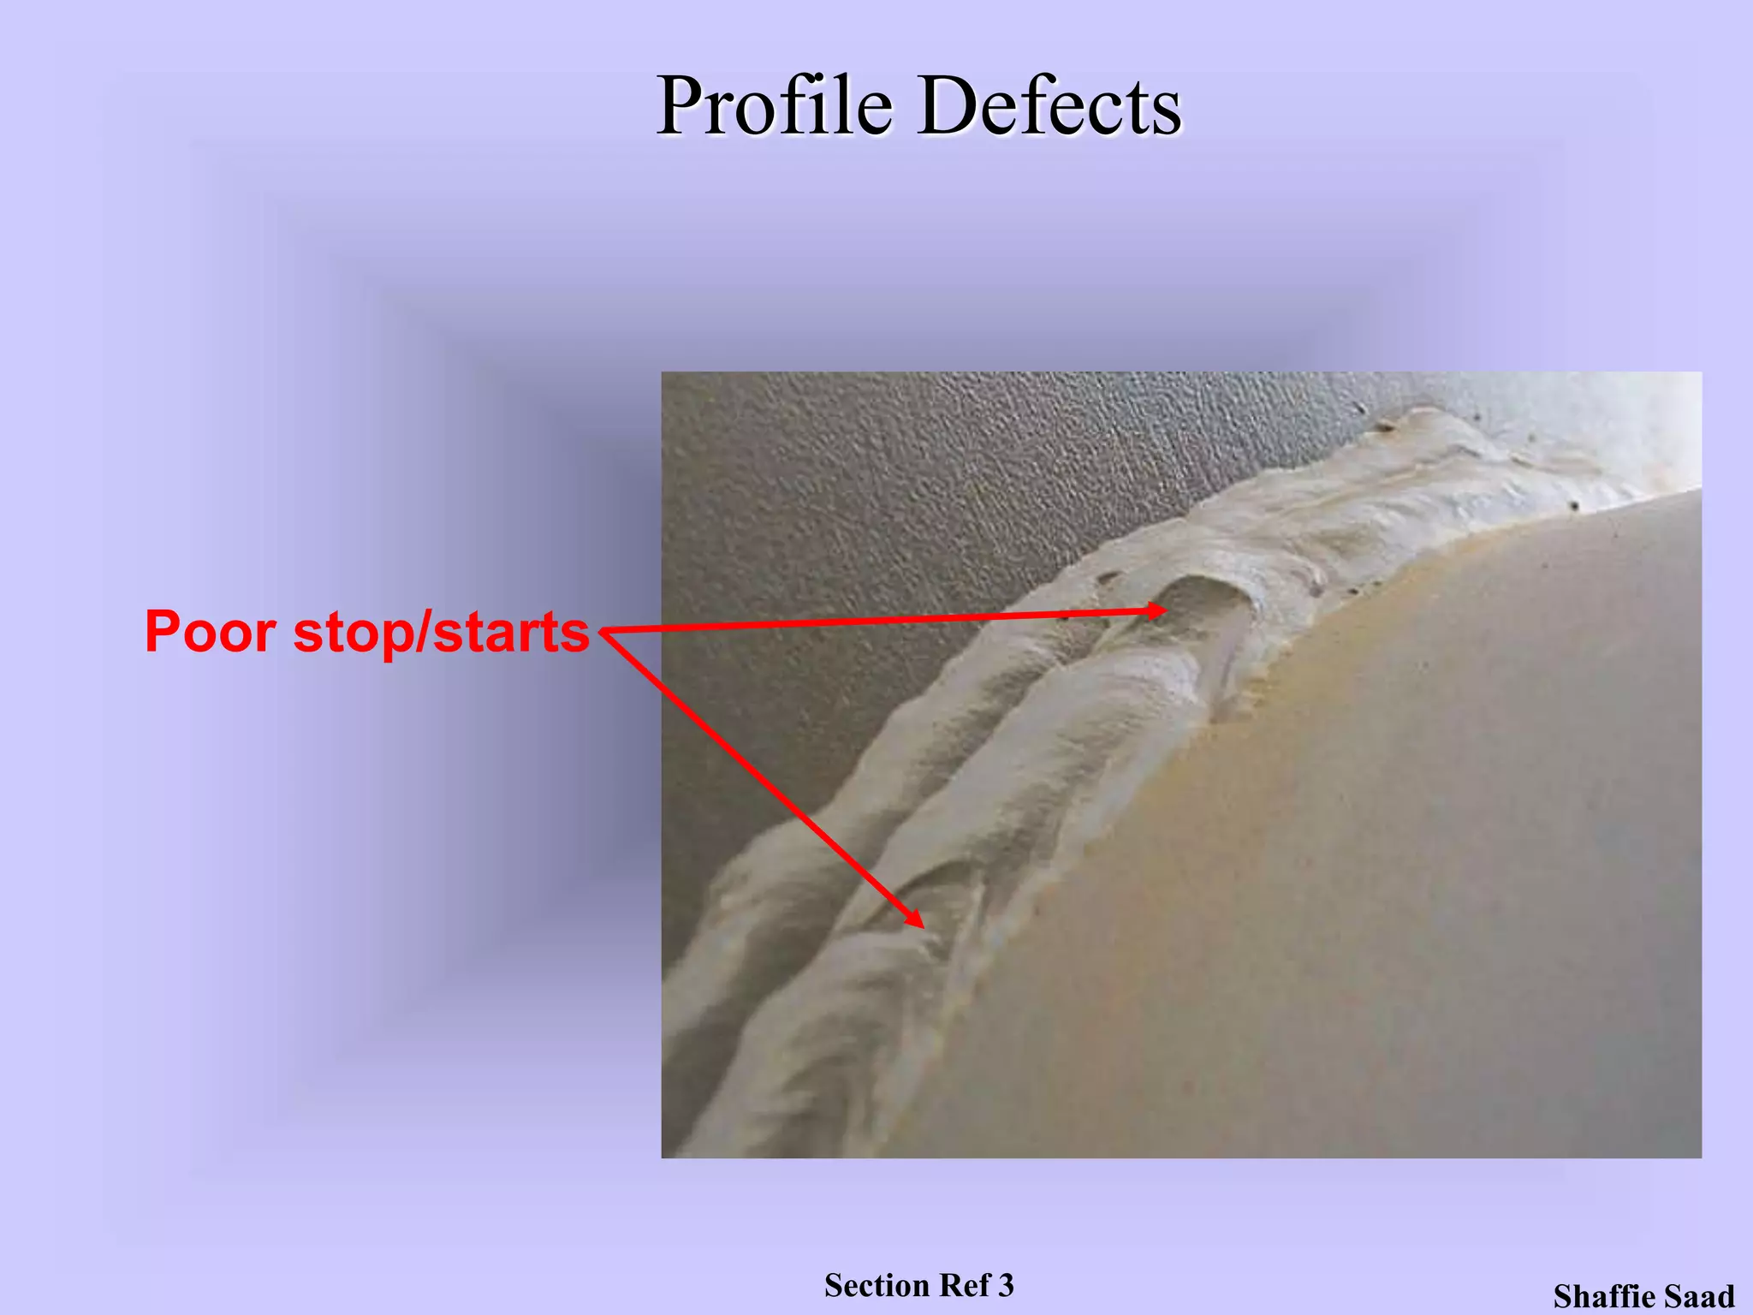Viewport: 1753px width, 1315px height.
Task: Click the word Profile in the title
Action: point(775,106)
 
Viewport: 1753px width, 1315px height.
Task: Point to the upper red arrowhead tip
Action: point(1166,610)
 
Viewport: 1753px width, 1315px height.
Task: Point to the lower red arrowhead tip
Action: point(923,926)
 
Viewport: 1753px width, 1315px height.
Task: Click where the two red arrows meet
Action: point(603,632)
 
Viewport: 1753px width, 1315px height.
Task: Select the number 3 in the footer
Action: point(1006,1285)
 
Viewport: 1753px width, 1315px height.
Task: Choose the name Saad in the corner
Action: point(1702,1296)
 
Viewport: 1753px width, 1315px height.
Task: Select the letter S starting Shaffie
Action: point(1564,1296)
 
